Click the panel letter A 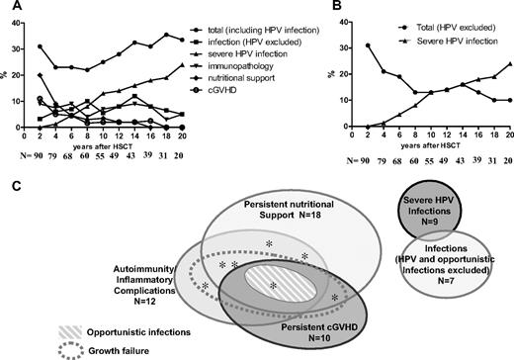point(8,9)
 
